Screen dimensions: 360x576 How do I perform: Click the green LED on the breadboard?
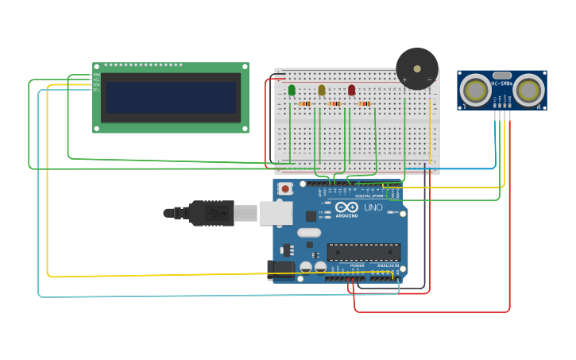click(x=292, y=90)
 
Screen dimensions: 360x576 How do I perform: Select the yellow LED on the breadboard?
click(x=322, y=90)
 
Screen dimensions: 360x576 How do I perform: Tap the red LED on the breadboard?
click(x=352, y=90)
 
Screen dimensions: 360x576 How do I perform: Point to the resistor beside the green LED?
click(x=304, y=103)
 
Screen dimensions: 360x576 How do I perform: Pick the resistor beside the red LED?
click(x=365, y=103)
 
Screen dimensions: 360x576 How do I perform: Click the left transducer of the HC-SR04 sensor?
click(x=475, y=91)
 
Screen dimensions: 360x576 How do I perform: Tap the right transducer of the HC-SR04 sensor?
click(x=528, y=91)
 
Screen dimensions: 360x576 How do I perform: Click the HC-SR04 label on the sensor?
click(x=502, y=83)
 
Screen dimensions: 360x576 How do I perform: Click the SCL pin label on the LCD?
click(x=97, y=89)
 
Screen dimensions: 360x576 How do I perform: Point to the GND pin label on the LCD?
click(x=97, y=75)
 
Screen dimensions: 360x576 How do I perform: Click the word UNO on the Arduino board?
click(x=373, y=207)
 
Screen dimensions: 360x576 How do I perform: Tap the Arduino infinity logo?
click(x=346, y=207)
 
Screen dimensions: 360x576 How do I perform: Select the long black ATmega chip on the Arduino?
click(x=364, y=252)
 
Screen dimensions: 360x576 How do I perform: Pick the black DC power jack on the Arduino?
click(x=280, y=270)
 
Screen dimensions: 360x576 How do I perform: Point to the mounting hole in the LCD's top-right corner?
click(x=244, y=68)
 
